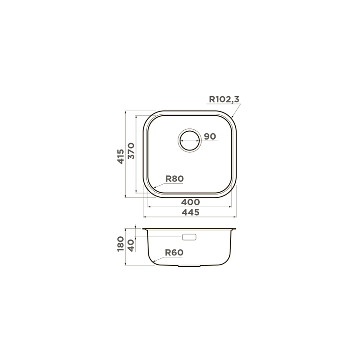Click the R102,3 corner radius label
coord(224,99)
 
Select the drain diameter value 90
coord(210,136)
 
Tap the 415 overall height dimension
coord(121,157)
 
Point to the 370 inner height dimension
coord(131,151)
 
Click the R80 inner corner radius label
coord(174,179)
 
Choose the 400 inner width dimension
coord(190,202)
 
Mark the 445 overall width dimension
coord(190,212)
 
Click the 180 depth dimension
coord(121,244)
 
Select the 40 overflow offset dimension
coord(131,246)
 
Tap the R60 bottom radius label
coord(174,253)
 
